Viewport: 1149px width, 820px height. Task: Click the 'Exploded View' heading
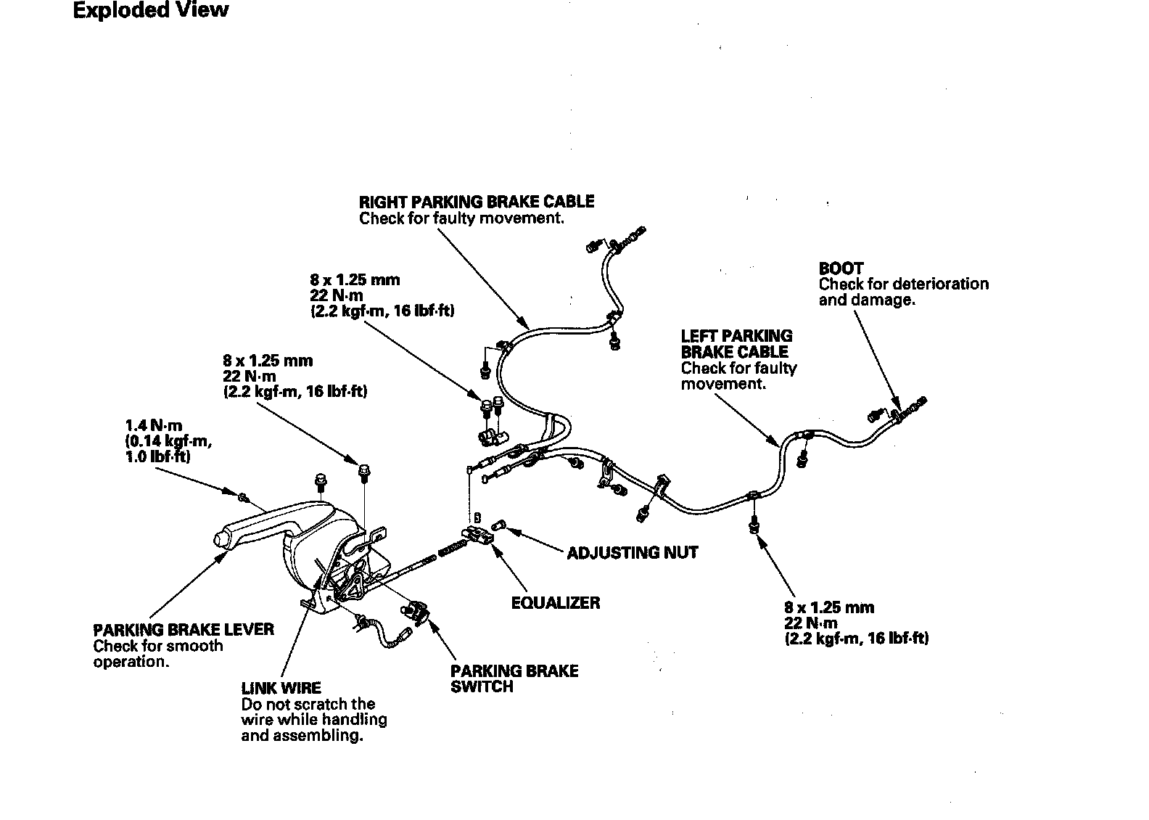pos(151,11)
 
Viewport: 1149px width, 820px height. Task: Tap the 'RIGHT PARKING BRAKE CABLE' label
pos(477,202)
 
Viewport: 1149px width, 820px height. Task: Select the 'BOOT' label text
pos(841,268)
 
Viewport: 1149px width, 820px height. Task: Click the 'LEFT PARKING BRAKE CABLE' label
pos(736,344)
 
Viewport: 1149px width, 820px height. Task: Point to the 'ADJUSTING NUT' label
pos(632,553)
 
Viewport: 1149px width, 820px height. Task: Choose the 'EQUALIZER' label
pos(556,603)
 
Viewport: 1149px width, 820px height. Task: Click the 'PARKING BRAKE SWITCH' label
pos(514,678)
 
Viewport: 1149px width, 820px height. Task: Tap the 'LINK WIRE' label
pos(281,688)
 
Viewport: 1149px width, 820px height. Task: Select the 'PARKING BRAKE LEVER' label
pos(184,630)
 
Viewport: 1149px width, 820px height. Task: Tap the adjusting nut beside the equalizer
pos(499,525)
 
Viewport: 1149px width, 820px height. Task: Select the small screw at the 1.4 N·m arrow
pos(242,496)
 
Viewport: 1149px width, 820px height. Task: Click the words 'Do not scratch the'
pos(308,704)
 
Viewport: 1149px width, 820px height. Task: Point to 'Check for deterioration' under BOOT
pos(903,284)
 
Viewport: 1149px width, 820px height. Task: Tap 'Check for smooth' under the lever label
pos(158,646)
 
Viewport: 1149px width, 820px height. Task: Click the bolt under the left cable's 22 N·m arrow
pos(754,523)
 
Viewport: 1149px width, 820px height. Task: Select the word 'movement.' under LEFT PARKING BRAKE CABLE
pos(723,384)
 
